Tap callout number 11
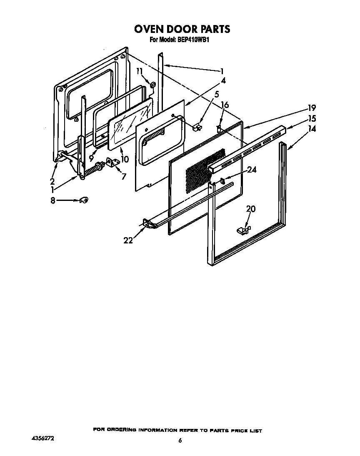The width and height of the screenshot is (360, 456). click(139, 71)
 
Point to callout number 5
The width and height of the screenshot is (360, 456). click(216, 95)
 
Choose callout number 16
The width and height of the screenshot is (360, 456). click(225, 105)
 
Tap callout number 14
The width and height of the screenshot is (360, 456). click(312, 129)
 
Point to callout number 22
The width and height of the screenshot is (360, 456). click(128, 240)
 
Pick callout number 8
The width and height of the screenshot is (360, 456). click(53, 200)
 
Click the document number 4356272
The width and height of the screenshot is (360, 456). click(43, 439)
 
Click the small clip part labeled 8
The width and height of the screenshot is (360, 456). click(84, 200)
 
